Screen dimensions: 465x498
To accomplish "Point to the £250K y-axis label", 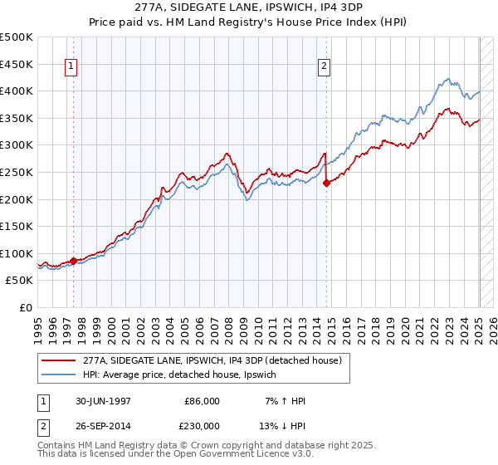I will tap(17, 172).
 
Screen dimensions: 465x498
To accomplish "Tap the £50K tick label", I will tap(20, 281).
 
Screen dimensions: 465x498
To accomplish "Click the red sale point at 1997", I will tap(74, 261).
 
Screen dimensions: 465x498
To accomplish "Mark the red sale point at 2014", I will tap(326, 183).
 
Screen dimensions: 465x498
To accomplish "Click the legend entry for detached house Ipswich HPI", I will tap(184, 375).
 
